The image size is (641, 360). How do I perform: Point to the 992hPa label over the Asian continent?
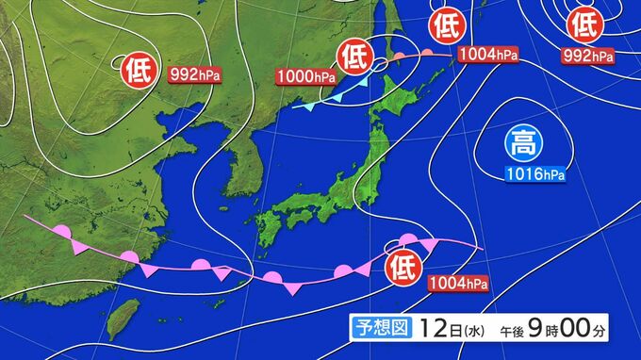pos(192,73)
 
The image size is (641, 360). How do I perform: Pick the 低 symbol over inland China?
pos(135,69)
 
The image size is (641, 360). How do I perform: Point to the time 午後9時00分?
pos(547,328)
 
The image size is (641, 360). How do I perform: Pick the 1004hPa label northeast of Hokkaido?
pos(489,56)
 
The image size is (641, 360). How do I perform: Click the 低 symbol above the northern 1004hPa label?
pos(448,25)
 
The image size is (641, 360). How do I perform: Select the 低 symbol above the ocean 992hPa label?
pos(585,23)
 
